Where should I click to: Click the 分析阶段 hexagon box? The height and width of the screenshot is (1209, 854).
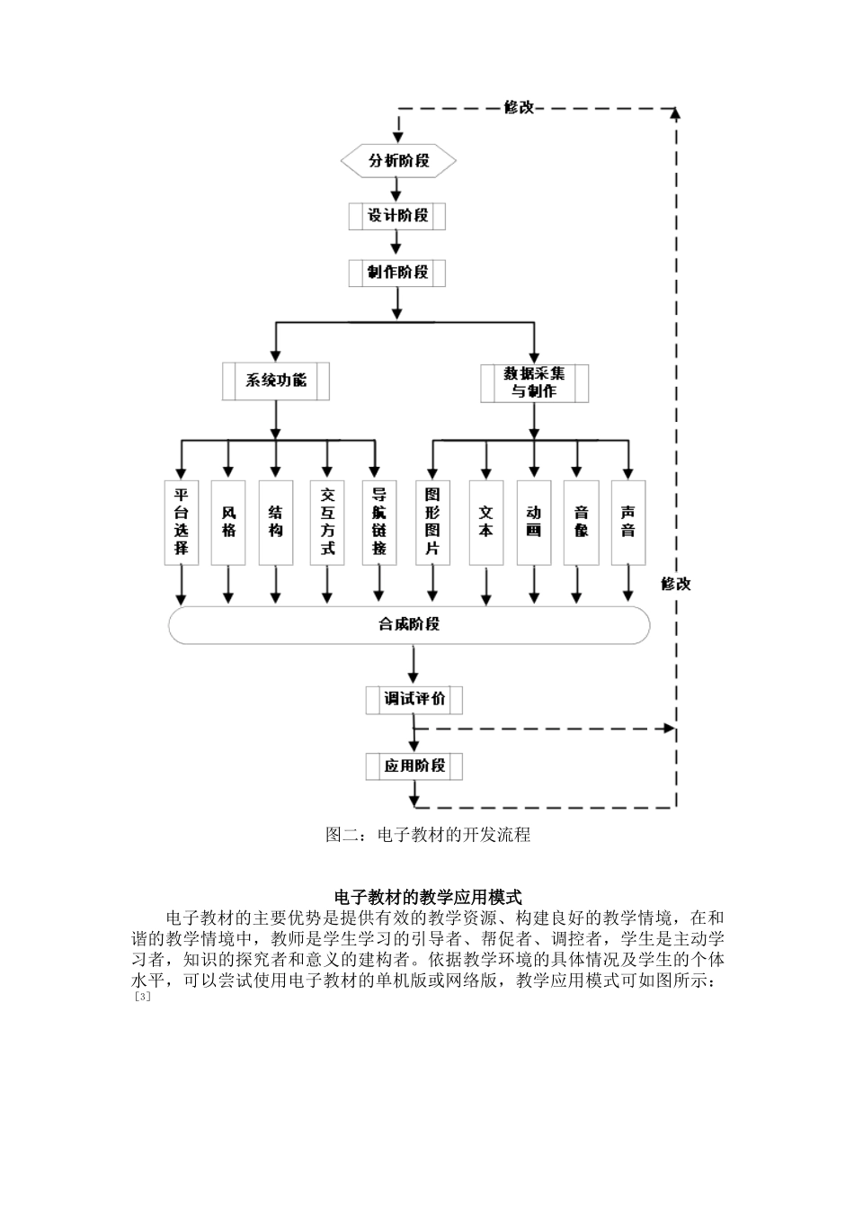[398, 161]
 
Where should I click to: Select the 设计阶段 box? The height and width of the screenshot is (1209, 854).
[396, 216]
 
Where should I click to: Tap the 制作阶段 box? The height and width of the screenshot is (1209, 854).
[396, 272]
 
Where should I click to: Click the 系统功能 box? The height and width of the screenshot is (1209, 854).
[276, 381]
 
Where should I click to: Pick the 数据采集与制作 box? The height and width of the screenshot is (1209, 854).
[534, 382]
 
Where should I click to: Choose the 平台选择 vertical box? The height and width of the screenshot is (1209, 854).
[182, 522]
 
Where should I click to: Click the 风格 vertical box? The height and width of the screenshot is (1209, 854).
[228, 522]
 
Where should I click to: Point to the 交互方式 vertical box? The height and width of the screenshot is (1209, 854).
[327, 522]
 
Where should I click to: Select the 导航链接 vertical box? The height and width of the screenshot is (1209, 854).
[379, 522]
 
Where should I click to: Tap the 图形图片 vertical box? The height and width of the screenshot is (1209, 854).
[432, 522]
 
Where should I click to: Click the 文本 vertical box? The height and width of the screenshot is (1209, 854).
[485, 522]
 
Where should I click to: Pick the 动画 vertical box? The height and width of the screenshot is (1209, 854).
[534, 522]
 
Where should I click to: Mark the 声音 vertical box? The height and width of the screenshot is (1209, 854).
[627, 522]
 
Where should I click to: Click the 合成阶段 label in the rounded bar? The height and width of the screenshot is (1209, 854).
[409, 623]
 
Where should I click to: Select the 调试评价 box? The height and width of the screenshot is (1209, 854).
[414, 699]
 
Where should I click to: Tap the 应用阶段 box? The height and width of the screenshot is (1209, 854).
[414, 766]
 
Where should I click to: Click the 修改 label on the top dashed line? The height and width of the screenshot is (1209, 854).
[519, 107]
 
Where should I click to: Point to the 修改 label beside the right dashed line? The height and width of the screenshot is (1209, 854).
[676, 584]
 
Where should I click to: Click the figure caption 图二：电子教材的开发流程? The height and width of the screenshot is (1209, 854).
[428, 835]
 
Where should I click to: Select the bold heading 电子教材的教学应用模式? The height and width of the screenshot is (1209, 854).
[428, 897]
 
